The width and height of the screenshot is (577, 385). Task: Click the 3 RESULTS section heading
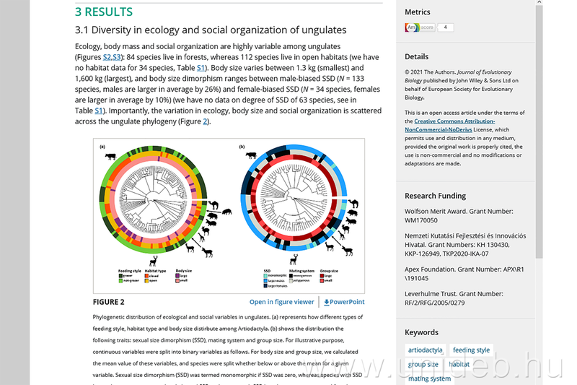pos(104,12)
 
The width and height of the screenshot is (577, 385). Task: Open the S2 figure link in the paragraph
pos(111,56)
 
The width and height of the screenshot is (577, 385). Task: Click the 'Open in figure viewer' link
pos(282,302)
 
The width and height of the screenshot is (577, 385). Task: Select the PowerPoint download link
pos(344,302)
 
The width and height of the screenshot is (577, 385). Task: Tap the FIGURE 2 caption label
pos(108,302)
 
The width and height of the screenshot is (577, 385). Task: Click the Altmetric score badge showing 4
pos(429,27)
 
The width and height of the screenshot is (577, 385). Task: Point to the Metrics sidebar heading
pos(418,12)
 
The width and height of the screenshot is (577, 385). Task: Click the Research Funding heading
pos(435,196)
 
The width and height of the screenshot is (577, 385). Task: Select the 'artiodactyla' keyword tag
pos(425,350)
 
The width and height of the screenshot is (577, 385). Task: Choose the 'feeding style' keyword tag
pos(471,350)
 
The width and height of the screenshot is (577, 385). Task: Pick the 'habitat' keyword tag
pos(459,365)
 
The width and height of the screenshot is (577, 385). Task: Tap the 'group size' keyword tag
pos(423,365)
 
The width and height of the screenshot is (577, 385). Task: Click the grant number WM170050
pos(423,220)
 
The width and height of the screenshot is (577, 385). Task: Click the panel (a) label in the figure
pos(102,146)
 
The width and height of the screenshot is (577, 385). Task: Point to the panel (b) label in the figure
pos(242,146)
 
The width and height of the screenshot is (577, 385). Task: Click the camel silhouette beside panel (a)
pos(216,200)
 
